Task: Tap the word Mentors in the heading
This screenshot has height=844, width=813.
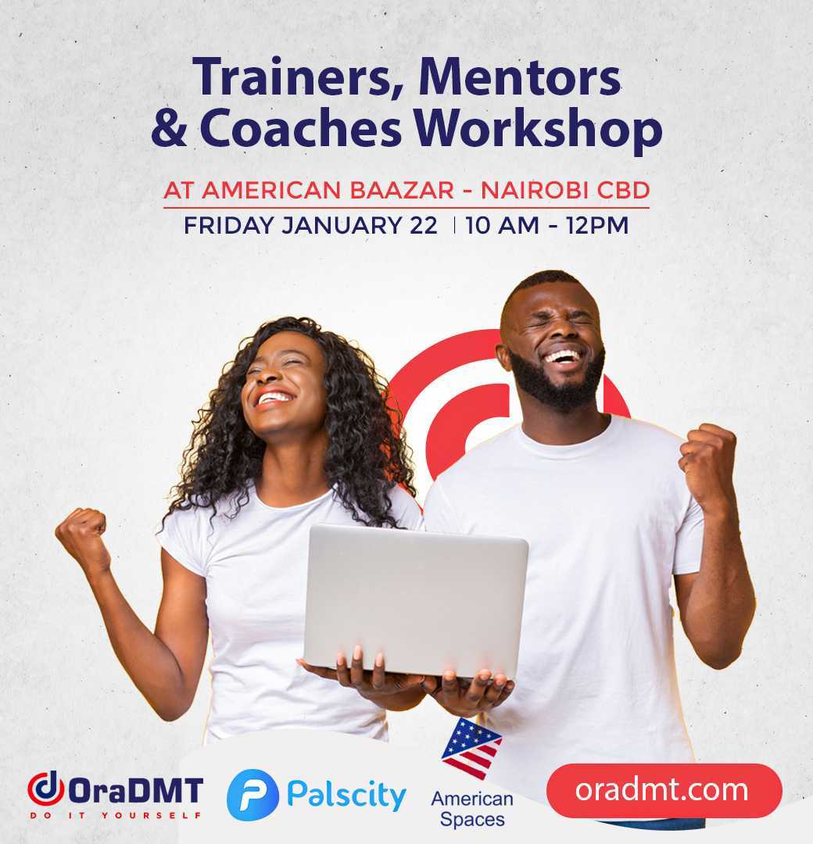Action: pos(520,77)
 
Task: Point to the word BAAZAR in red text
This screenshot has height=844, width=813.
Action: pos(402,190)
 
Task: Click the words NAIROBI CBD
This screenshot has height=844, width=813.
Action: pos(565,190)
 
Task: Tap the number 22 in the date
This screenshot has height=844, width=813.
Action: pos(423,225)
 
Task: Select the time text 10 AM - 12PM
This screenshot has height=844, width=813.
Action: pos(547,225)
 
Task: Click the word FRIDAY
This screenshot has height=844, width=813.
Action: pos(229,225)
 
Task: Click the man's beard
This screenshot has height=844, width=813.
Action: pos(558,380)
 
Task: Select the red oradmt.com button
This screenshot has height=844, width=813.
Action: pos(664,790)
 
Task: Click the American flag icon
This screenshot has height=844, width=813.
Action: pos(471,748)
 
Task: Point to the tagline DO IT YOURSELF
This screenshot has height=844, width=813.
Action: pos(116,815)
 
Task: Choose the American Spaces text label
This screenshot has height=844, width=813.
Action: pos(472,809)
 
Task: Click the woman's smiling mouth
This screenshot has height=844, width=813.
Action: pos(275,399)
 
